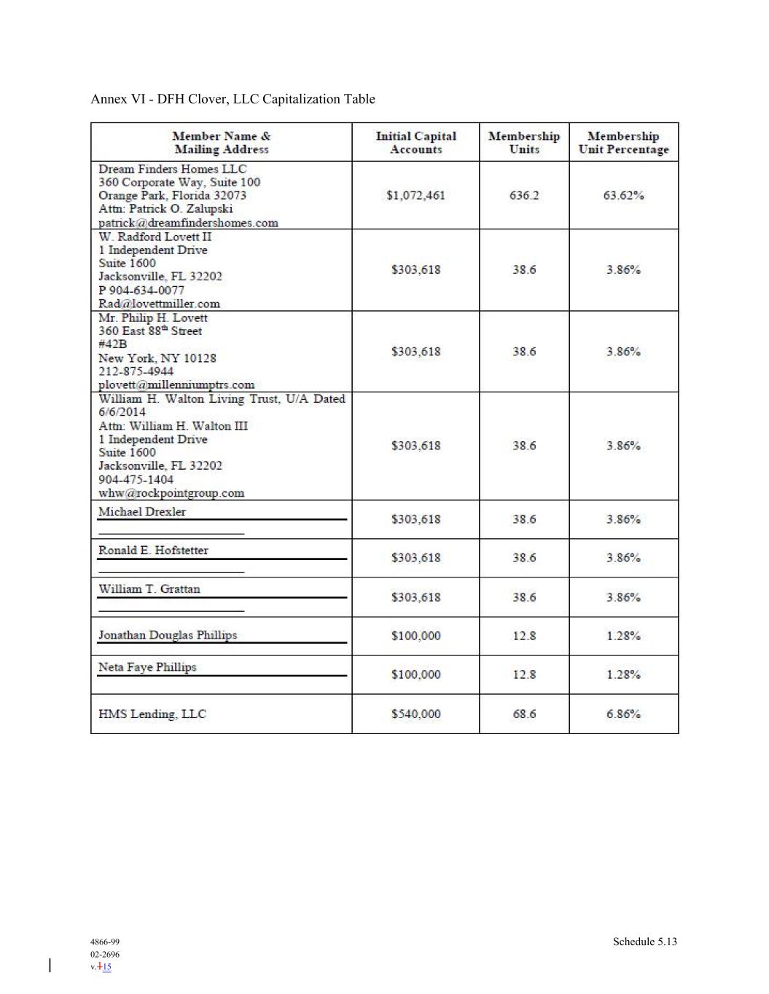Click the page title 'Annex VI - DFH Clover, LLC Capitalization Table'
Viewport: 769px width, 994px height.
[x=233, y=99]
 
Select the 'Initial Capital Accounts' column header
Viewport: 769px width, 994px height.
[x=415, y=143]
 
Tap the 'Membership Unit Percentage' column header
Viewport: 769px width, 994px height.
[x=623, y=143]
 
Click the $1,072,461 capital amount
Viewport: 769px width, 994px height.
[x=415, y=195]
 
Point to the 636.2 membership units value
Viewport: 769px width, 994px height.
[x=524, y=195]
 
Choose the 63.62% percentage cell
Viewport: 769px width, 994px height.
[x=623, y=195]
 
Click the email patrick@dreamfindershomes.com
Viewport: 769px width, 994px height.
[x=188, y=223]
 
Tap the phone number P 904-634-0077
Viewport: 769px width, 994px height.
[x=141, y=290]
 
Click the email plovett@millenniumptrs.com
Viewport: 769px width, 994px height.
[x=176, y=384]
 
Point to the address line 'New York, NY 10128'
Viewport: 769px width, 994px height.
[x=157, y=358]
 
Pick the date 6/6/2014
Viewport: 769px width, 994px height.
[x=122, y=412]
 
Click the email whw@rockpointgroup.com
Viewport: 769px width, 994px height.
[x=171, y=493]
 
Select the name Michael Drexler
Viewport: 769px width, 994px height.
[x=142, y=512]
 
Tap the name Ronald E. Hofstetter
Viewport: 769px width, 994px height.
[x=153, y=551]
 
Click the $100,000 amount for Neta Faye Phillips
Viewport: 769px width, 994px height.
[x=415, y=674]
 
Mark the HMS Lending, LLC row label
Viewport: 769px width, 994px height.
[x=152, y=714]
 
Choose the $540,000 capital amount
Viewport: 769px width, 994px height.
[x=415, y=714]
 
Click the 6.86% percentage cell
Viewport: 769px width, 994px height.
[x=623, y=714]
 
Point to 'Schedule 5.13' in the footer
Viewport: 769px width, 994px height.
[x=644, y=942]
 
